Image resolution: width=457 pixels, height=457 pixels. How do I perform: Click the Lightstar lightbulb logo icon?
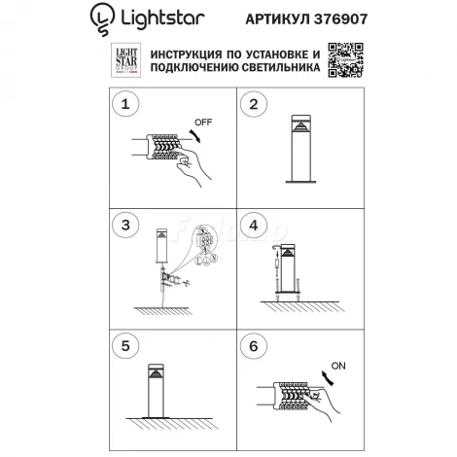[x=100, y=17]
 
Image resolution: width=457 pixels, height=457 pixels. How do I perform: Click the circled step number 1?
[x=123, y=104]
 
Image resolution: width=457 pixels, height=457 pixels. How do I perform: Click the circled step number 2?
[x=254, y=104]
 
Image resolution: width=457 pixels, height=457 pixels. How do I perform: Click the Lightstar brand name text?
[x=156, y=17]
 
